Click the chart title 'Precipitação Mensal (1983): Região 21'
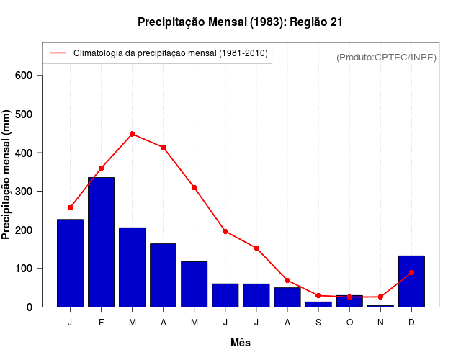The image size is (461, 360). (240, 22)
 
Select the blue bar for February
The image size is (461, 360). (101, 242)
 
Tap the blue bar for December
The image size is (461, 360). (411, 281)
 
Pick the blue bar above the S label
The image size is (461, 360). (318, 304)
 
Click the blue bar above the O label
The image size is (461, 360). (349, 301)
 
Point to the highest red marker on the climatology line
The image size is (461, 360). (132, 134)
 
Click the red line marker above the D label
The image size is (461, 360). (411, 273)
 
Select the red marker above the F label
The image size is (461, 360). (101, 168)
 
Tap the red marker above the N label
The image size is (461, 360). (380, 297)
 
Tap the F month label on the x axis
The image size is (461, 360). (101, 321)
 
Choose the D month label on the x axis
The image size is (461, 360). (411, 321)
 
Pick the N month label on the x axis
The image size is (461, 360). (380, 321)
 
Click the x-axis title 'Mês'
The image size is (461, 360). (241, 343)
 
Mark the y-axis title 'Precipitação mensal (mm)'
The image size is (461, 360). (7, 174)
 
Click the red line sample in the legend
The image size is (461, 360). (58, 53)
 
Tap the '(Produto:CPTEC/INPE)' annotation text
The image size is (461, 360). (386, 57)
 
